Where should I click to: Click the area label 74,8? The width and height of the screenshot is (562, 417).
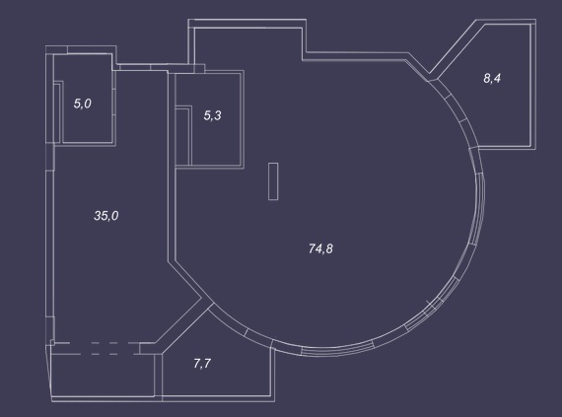click(x=320, y=248)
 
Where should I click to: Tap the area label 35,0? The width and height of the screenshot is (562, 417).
click(x=106, y=216)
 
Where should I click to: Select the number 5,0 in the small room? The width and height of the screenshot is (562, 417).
click(x=83, y=104)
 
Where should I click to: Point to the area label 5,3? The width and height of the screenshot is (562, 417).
click(x=213, y=115)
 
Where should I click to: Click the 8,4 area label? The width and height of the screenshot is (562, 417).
click(x=492, y=78)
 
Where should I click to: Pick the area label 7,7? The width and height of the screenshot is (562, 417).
click(x=202, y=364)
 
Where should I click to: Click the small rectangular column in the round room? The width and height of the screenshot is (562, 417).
click(x=273, y=181)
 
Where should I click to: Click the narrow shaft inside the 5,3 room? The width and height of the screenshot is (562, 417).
click(x=183, y=135)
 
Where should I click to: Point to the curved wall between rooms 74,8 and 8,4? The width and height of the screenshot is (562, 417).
click(x=457, y=111)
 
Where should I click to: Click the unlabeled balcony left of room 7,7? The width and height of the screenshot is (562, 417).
click(x=103, y=376)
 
